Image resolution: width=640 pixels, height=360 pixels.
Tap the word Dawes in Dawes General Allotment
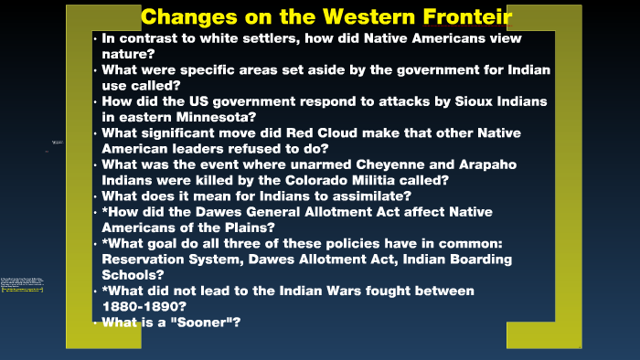[x=222, y=212]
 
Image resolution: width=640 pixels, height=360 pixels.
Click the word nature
[x=127, y=54]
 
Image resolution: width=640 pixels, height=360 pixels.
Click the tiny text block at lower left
[x=22, y=285]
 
